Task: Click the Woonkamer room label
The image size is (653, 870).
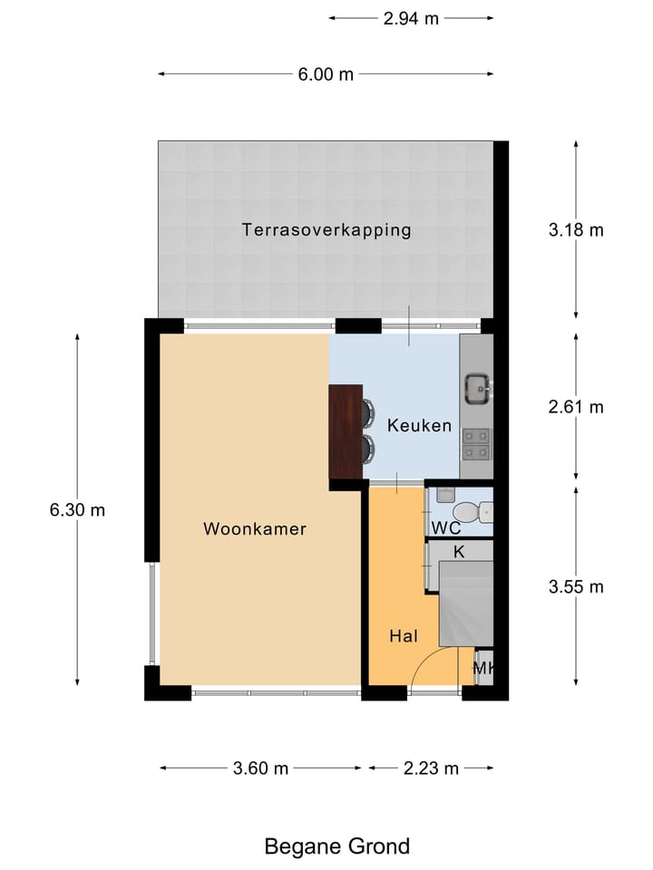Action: pyautogui.click(x=255, y=529)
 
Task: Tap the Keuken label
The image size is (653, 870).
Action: pyautogui.click(x=419, y=425)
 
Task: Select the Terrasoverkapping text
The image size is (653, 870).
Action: pyautogui.click(x=326, y=230)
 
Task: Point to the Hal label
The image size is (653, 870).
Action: pyautogui.click(x=404, y=637)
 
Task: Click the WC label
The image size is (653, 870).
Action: pyautogui.click(x=445, y=527)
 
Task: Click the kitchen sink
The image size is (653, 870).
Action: pyautogui.click(x=477, y=389)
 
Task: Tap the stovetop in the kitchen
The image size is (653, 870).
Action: pyautogui.click(x=477, y=441)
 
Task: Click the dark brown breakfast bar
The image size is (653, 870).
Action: pyautogui.click(x=346, y=431)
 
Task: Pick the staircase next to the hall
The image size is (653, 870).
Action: pyautogui.click(x=466, y=603)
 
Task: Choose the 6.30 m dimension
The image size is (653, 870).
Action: pyautogui.click(x=77, y=510)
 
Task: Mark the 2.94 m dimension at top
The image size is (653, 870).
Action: pyautogui.click(x=411, y=18)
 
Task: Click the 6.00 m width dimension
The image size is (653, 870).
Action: pyautogui.click(x=326, y=74)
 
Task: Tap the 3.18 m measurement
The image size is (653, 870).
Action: pyautogui.click(x=576, y=230)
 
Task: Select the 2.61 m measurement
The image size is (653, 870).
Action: pyautogui.click(x=576, y=407)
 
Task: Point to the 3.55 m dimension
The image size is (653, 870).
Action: pyautogui.click(x=576, y=587)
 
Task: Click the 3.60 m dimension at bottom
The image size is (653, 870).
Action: pyautogui.click(x=260, y=768)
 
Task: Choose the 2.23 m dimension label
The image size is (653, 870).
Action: pyautogui.click(x=431, y=768)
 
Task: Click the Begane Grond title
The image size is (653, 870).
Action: pyautogui.click(x=336, y=846)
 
